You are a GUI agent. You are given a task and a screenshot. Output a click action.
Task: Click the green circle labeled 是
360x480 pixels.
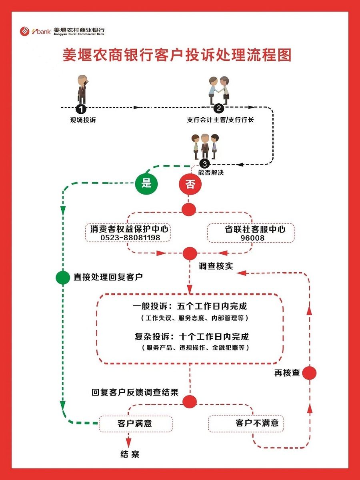tap(146, 183)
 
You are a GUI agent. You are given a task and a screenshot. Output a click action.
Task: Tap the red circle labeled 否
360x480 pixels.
tap(190, 184)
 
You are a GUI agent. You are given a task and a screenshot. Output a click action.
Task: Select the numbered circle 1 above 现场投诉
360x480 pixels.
tap(81, 108)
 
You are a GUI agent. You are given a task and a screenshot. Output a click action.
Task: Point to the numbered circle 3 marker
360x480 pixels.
tap(205, 164)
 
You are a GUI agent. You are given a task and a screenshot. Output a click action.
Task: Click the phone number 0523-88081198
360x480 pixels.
tap(130, 238)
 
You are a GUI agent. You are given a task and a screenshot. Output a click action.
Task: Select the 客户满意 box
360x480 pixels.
tap(135, 423)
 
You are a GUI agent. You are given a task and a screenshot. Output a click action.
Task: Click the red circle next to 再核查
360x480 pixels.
tap(309, 373)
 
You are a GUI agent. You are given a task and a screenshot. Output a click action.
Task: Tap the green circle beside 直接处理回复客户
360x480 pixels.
tap(63, 277)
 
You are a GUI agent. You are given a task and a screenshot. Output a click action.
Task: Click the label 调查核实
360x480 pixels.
tap(216, 266)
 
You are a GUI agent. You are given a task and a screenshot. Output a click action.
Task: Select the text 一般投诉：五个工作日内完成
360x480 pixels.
tap(190, 306)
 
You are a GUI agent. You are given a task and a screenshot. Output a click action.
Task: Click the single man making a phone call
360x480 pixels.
tap(82, 89)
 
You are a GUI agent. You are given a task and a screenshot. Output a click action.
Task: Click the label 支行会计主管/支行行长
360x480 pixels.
tap(220, 120)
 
